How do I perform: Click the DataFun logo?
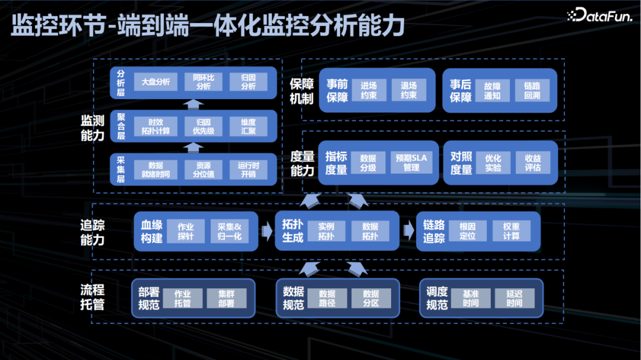coord(599,15)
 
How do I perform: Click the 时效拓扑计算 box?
coord(156,126)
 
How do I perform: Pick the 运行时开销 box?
coord(249,170)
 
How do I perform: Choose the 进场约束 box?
coord(369,90)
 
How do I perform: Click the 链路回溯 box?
coord(532,90)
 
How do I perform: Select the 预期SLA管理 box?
coord(411,163)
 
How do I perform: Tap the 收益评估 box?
coord(532,163)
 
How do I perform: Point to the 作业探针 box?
coord(186,231)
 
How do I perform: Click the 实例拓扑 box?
coord(326,231)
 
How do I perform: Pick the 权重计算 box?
coord(511,231)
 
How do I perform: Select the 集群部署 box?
coord(226,298)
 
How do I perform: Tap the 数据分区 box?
coord(371,298)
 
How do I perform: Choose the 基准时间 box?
coord(471,298)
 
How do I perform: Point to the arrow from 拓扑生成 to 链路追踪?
coord(407,231)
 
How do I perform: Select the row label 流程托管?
coord(93,297)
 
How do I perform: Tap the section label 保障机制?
coord(302,91)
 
